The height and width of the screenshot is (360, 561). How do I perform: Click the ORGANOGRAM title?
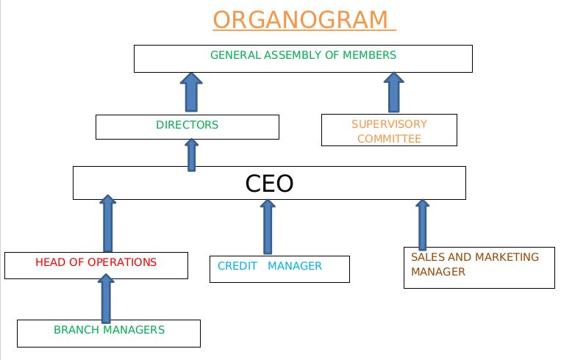coord(302,19)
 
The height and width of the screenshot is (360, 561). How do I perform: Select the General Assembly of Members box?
coord(303,59)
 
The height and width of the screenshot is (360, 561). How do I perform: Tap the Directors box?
coord(187,126)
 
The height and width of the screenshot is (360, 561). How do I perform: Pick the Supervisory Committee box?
coord(389,131)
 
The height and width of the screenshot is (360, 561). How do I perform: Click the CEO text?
coord(269,183)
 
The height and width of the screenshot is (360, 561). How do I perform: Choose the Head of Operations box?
coord(96,265)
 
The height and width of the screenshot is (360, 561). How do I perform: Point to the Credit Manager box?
coord(279,269)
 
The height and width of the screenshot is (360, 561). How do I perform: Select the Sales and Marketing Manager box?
coord(479,267)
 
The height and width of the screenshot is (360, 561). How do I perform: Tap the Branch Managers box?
coord(108,333)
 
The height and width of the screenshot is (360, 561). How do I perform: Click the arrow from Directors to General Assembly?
coord(191,93)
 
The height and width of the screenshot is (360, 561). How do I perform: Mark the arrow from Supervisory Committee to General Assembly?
coord(394,93)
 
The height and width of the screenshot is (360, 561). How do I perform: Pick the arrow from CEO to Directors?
coord(192,154)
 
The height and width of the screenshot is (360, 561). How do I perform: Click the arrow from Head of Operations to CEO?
coord(107,224)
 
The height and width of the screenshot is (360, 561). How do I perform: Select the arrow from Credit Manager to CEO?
coord(268,226)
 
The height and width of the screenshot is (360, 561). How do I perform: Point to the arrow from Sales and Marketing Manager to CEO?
coord(422,224)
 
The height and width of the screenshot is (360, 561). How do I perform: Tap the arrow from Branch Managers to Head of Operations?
coord(107,298)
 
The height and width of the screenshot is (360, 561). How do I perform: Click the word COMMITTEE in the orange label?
coord(389,139)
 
